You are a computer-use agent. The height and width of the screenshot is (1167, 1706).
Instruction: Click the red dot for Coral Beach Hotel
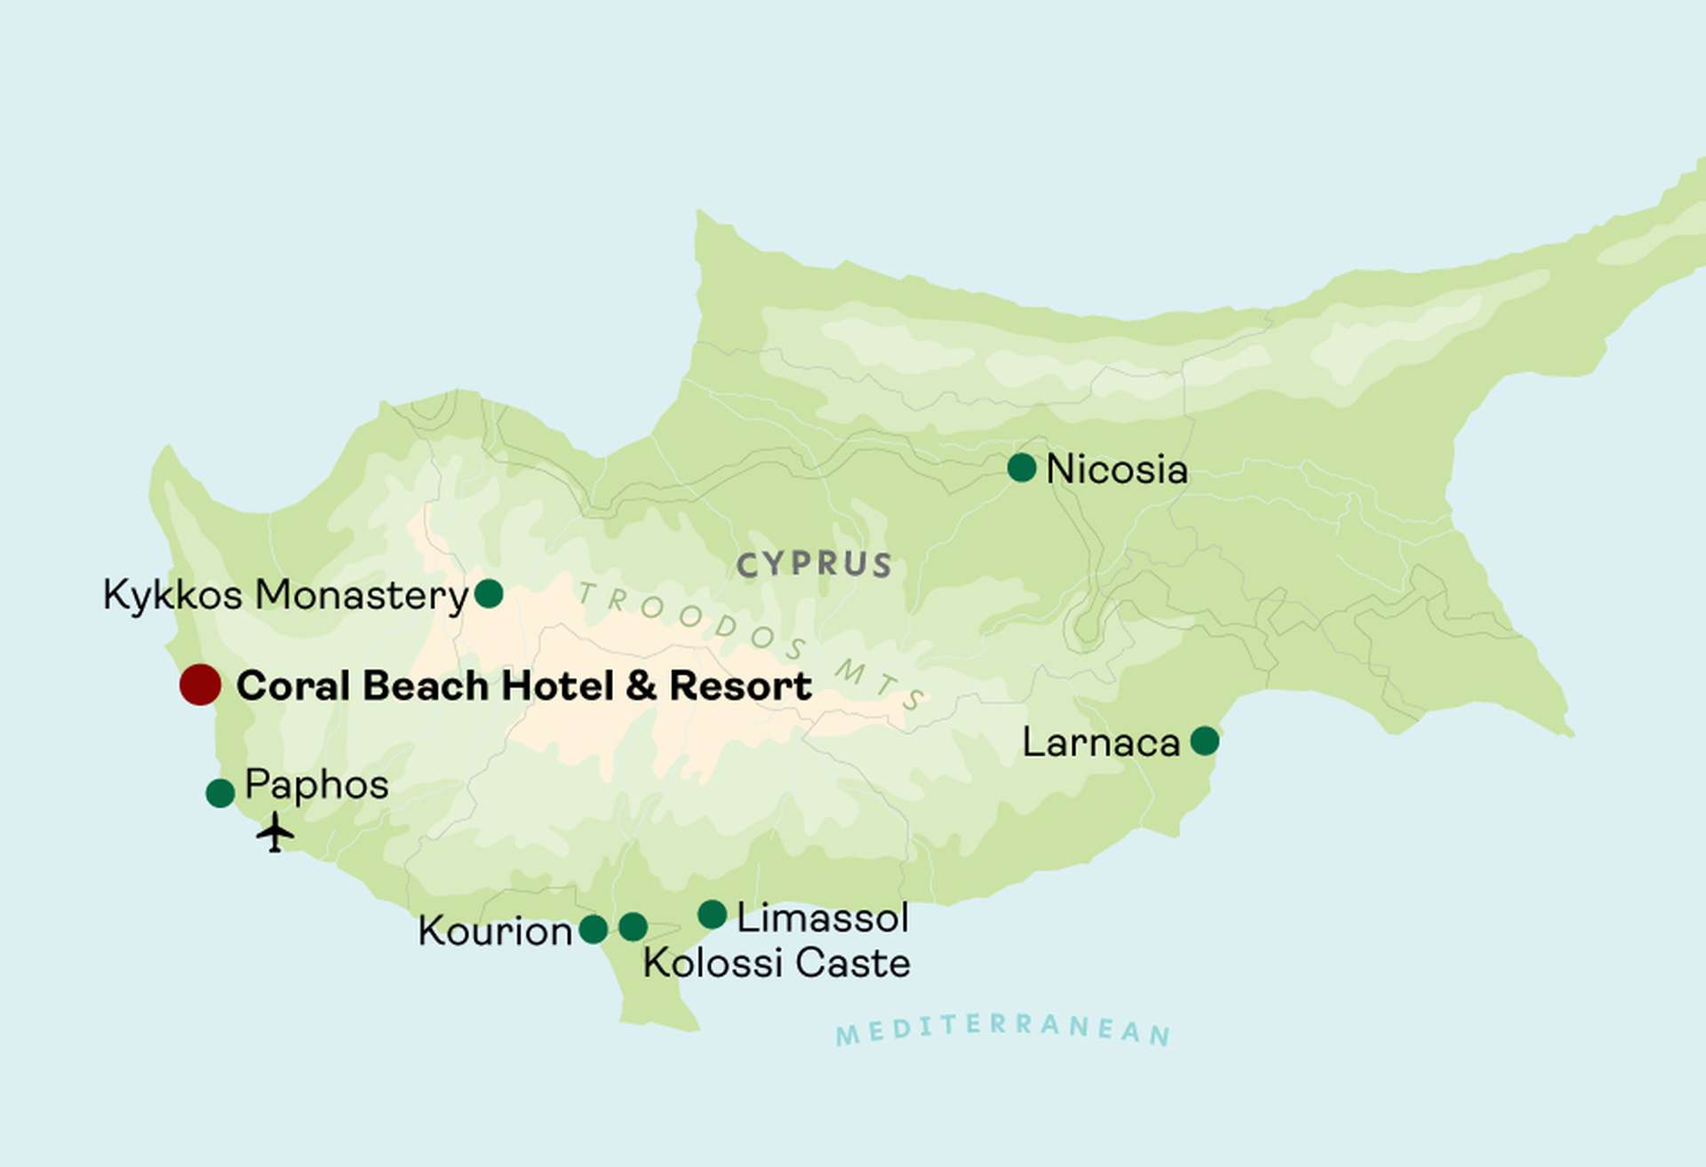(200, 685)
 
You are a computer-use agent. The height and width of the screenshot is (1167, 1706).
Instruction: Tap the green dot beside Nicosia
(1022, 467)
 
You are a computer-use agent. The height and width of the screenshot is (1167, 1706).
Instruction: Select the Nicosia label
(1117, 470)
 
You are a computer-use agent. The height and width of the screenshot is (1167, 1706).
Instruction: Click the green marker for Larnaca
(1204, 740)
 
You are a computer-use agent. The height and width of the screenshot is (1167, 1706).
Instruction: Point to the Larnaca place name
(1101, 742)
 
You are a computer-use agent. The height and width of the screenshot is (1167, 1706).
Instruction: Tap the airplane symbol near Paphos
(275, 833)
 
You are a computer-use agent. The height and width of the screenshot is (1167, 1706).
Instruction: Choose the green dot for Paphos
(220, 792)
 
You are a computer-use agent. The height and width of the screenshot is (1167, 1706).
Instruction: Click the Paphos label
(316, 785)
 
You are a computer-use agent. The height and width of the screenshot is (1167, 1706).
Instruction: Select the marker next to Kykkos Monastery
(489, 592)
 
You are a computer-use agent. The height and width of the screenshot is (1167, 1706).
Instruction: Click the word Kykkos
(172, 595)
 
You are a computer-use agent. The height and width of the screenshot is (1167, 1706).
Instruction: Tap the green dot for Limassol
(712, 914)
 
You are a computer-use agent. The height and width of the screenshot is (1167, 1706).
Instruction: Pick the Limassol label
(822, 917)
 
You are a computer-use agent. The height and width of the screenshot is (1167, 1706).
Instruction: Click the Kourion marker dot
(593, 930)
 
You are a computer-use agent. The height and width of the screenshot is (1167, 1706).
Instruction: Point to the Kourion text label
(495, 932)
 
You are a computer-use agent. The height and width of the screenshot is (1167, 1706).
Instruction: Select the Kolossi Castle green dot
(633, 926)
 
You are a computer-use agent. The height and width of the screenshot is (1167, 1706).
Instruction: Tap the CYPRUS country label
(814, 565)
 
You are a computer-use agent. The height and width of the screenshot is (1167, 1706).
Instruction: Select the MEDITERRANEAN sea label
(1003, 1029)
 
